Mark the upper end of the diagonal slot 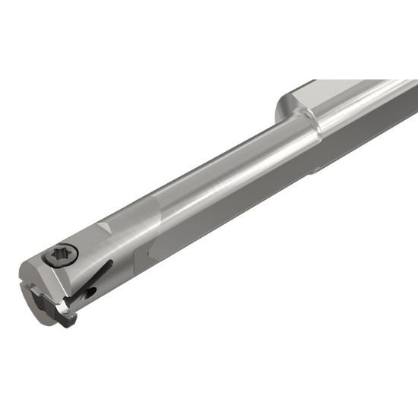coord(109,263)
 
